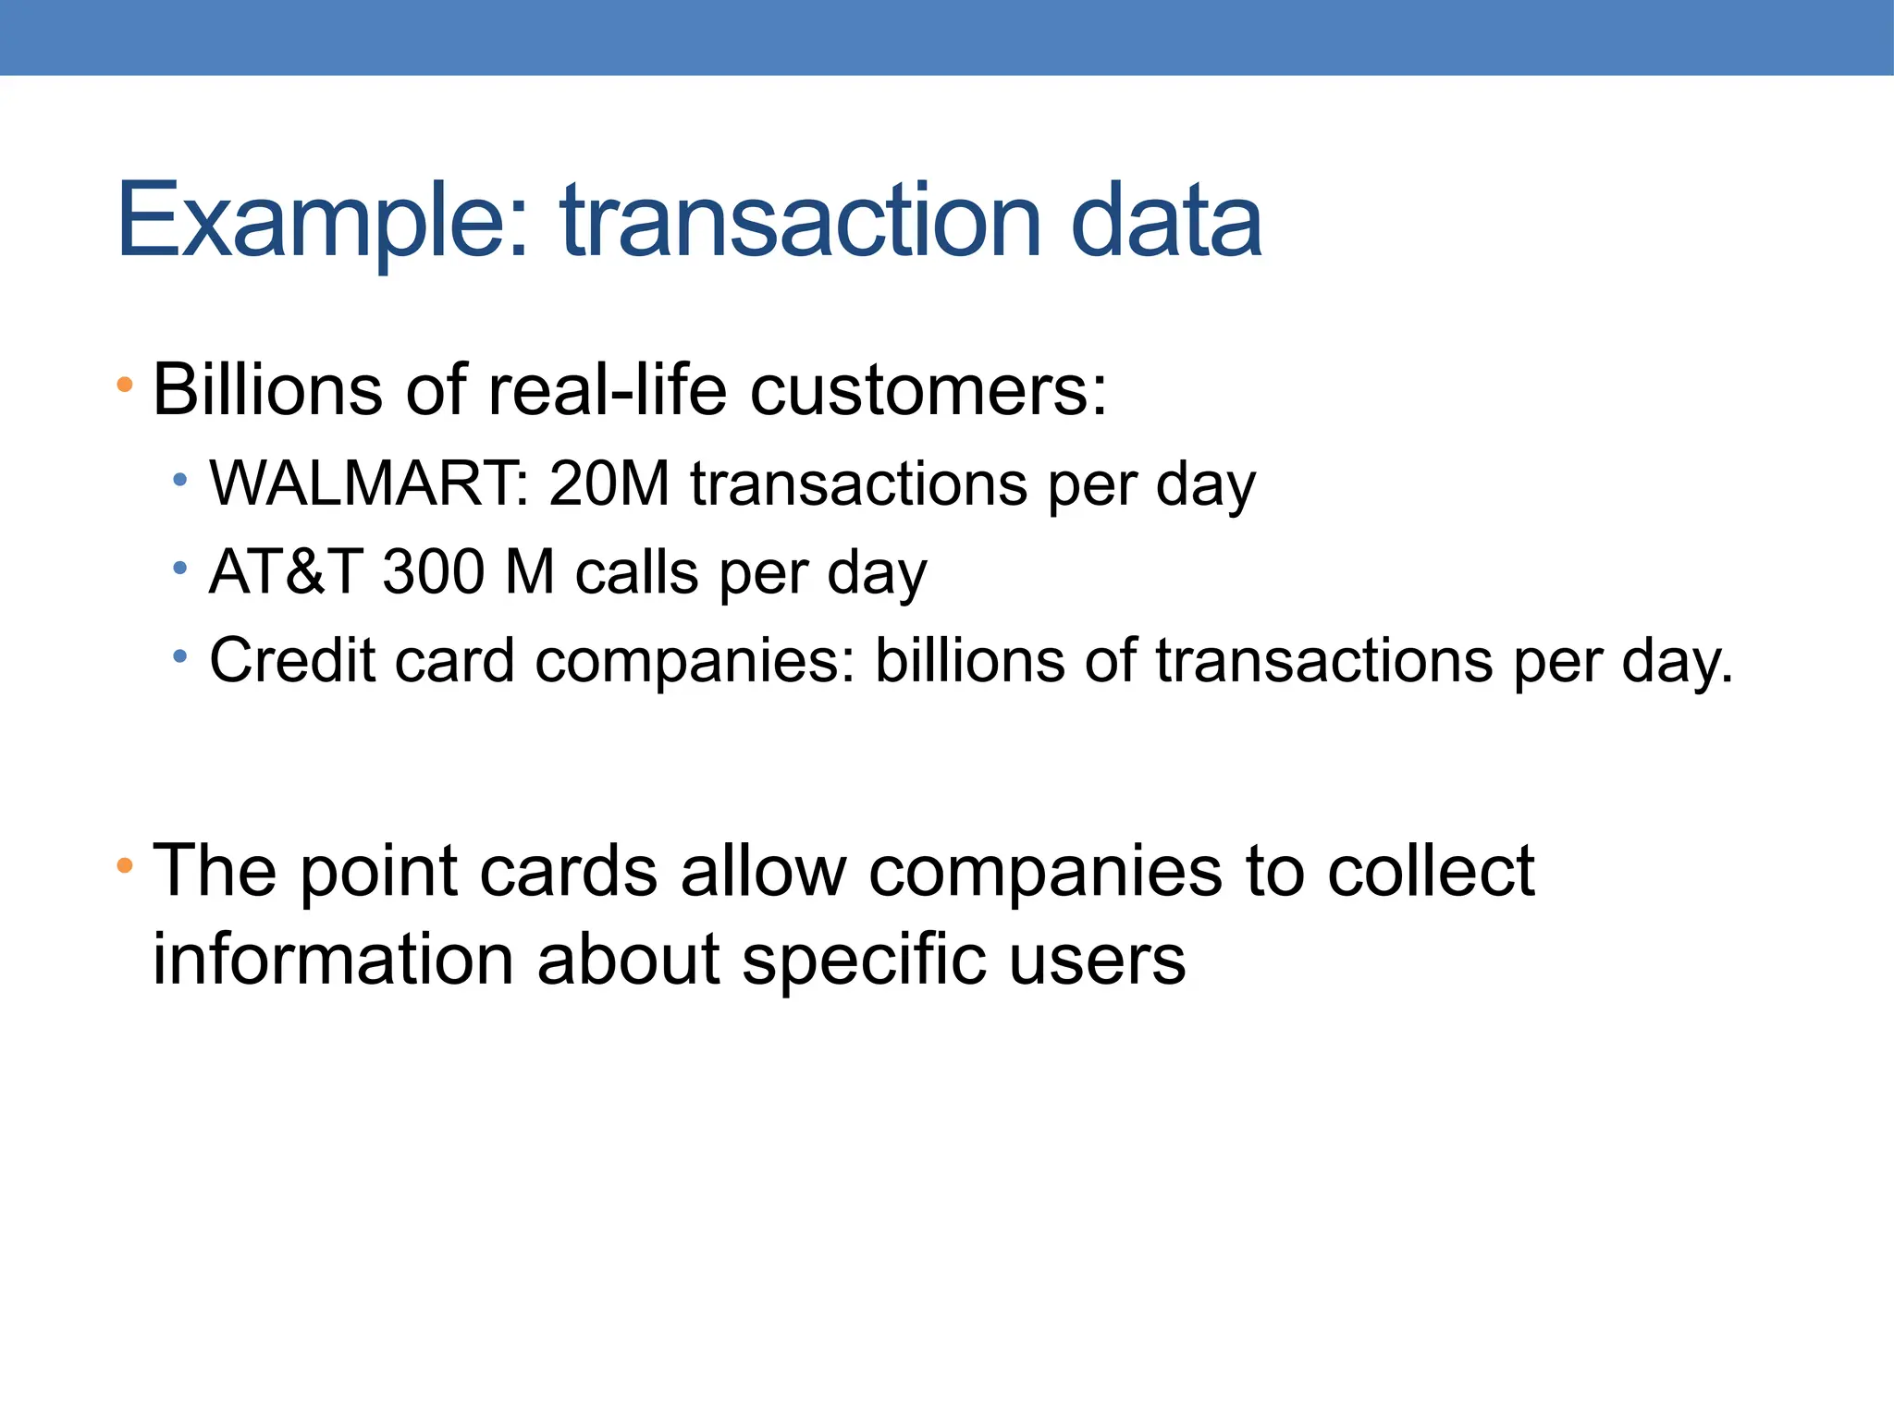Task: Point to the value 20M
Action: (609, 484)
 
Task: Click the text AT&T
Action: (285, 572)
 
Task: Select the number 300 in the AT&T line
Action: (433, 572)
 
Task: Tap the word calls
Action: (636, 572)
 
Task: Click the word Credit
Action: (291, 660)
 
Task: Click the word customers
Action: (928, 389)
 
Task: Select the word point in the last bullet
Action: (379, 872)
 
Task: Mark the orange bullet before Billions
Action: (125, 384)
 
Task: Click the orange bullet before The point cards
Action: (125, 866)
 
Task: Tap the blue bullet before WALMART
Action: (180, 479)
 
